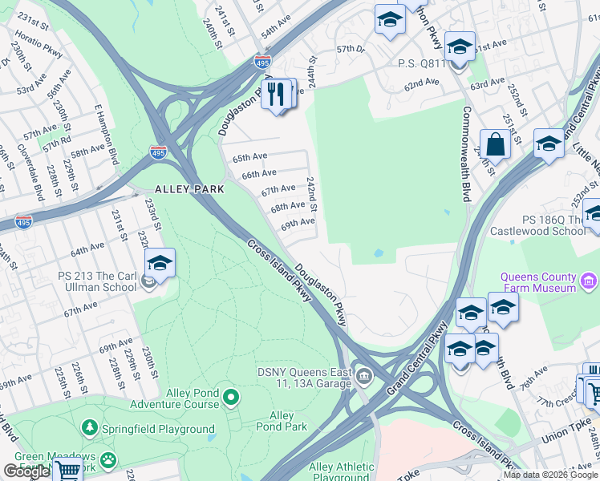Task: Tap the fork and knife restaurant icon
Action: [x=277, y=94]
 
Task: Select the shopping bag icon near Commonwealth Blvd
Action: [x=495, y=145]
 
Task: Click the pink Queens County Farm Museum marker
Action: [x=590, y=281]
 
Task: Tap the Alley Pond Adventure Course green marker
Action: [x=231, y=397]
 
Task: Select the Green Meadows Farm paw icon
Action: [x=107, y=460]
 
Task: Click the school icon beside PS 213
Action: [x=160, y=264]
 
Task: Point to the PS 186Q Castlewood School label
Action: [x=541, y=224]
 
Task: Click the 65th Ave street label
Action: [x=249, y=157]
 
